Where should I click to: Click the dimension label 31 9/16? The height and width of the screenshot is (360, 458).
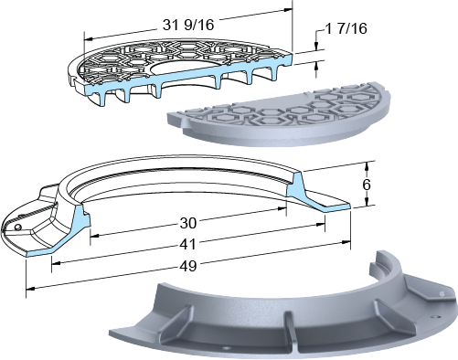coord(188,25)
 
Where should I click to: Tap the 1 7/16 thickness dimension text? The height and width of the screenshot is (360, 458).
coord(346,28)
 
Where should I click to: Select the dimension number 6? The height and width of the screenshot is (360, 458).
coord(367,185)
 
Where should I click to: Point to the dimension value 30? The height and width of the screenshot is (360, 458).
coord(188,223)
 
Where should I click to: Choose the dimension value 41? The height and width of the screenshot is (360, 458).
coord(187,244)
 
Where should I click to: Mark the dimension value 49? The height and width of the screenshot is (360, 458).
coord(188,267)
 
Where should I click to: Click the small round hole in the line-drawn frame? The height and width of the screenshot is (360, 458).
coord(17,227)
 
